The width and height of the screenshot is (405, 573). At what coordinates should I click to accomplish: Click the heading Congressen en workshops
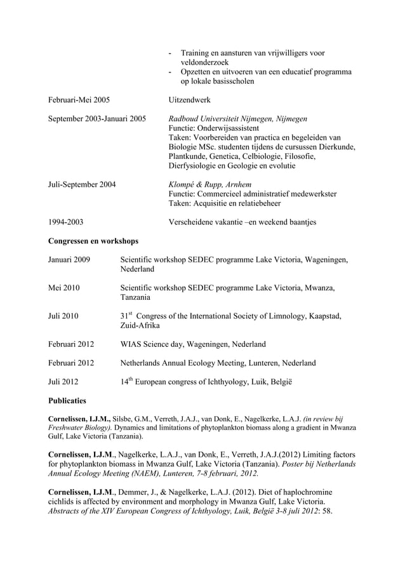point(93,241)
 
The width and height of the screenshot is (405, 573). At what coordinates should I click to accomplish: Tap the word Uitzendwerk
point(190,100)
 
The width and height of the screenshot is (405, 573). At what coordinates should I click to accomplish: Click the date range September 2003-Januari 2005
point(97,119)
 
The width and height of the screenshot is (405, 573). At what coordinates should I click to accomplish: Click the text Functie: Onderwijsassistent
point(218,128)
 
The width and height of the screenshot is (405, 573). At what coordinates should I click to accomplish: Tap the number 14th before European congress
point(126,381)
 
